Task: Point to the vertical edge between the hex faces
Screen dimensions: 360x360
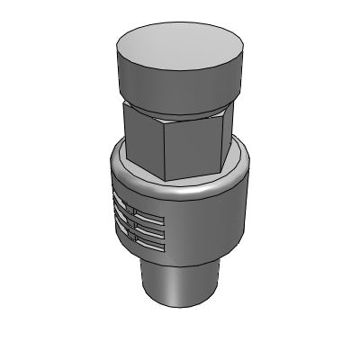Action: point(162,148)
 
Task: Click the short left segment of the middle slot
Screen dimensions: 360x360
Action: point(122,219)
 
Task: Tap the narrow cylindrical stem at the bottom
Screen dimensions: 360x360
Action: point(180,283)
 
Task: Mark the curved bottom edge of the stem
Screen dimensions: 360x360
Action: point(180,304)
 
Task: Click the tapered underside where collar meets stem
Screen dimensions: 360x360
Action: point(216,261)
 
